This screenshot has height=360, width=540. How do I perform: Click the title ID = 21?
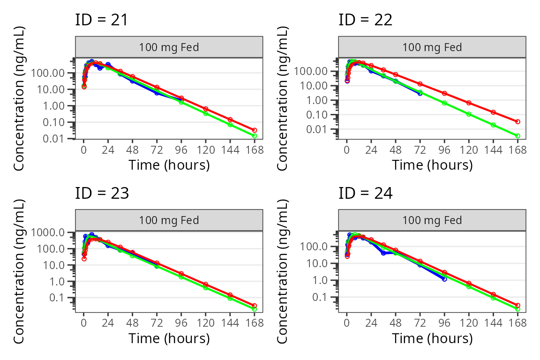101,20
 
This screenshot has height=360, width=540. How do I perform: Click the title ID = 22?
365,20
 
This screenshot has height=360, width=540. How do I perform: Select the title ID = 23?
101,193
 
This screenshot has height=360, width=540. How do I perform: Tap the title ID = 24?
365,193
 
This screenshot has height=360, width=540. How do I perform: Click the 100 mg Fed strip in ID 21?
169,47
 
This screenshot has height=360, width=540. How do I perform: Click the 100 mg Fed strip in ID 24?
432,220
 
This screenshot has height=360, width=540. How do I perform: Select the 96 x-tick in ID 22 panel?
444,150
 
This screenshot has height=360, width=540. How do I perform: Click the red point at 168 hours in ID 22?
517,121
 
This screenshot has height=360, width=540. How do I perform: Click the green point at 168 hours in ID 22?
517,136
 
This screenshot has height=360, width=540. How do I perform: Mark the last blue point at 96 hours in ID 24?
444,279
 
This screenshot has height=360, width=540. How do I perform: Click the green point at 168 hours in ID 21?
255,136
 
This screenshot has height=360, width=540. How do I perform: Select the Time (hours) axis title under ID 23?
169,338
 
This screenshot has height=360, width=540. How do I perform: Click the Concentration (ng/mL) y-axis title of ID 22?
284,98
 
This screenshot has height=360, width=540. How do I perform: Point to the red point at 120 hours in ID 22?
469,103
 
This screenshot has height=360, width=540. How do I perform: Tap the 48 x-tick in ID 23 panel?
133,323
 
